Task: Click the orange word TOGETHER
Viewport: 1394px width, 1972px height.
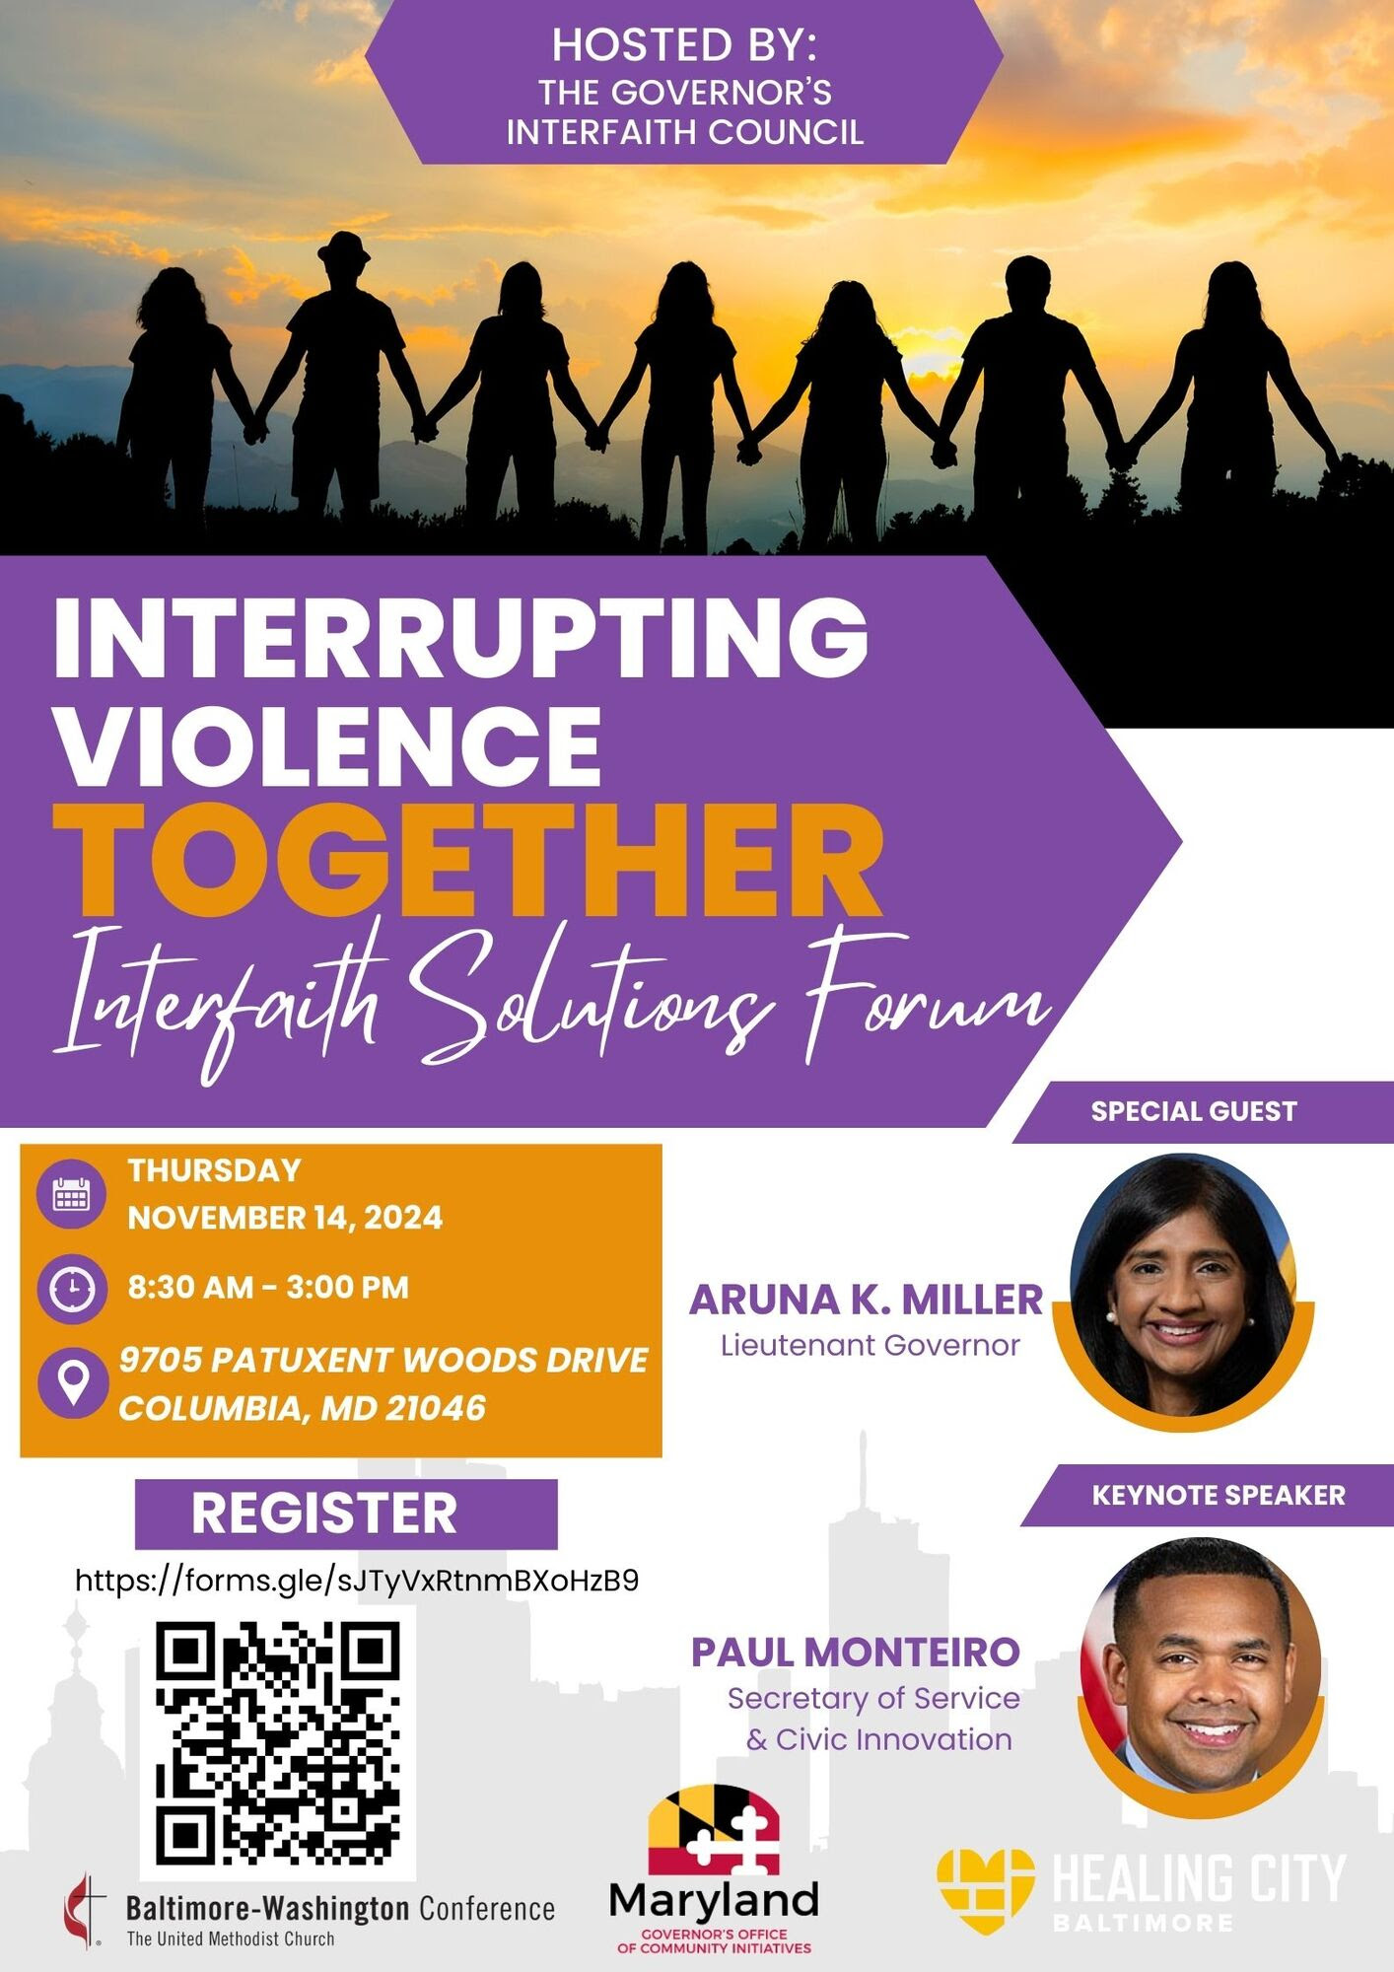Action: coord(467,860)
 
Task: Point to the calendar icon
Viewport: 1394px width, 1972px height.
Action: coord(71,1194)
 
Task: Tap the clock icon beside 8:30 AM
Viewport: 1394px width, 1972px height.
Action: coord(71,1288)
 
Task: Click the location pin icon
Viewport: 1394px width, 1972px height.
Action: coord(73,1382)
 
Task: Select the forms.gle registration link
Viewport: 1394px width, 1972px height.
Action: coord(357,1582)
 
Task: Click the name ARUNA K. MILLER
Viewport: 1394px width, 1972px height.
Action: coord(866,1300)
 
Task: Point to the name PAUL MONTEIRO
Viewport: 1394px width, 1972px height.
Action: coord(855,1653)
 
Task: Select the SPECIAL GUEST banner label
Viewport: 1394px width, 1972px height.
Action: coord(1193,1111)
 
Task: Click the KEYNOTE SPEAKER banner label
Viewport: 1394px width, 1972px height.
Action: coord(1219,1495)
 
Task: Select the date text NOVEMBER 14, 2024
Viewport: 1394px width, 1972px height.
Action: coord(285,1218)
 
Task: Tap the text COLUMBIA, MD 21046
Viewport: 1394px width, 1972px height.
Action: coord(303,1408)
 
